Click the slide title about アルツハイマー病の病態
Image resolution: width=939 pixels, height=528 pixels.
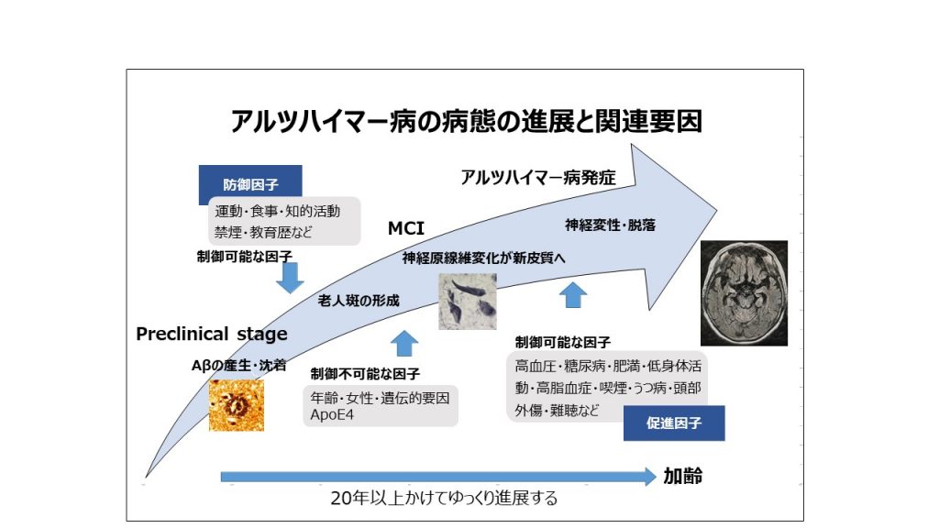pyautogui.click(x=466, y=121)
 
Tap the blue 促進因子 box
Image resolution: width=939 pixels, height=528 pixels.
pyautogui.click(x=674, y=423)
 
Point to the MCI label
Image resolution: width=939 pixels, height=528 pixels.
pyautogui.click(x=406, y=228)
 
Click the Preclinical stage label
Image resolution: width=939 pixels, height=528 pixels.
pyautogui.click(x=212, y=334)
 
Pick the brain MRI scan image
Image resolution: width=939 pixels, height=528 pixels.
pyautogui.click(x=744, y=293)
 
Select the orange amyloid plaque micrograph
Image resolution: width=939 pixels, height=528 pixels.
pyautogui.click(x=237, y=405)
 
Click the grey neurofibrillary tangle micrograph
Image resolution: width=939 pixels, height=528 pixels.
pyautogui.click(x=468, y=302)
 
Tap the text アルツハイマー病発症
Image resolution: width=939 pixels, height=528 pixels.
pyautogui.click(x=537, y=178)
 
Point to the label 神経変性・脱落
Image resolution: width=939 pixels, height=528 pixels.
pyautogui.click(x=610, y=225)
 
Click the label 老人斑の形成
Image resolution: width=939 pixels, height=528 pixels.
pyautogui.click(x=359, y=301)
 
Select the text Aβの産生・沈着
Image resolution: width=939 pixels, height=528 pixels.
pyautogui.click(x=238, y=365)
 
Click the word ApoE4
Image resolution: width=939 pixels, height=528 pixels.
pyautogui.click(x=332, y=415)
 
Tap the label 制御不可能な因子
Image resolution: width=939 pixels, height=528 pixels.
pyautogui.click(x=365, y=374)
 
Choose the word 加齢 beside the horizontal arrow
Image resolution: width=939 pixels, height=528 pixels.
pyautogui.click(x=682, y=477)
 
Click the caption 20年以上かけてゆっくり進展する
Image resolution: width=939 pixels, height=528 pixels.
pyautogui.click(x=444, y=498)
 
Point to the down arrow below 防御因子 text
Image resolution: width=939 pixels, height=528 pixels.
pyautogui.click(x=290, y=278)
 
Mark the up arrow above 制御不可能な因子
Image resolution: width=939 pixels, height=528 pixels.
pyautogui.click(x=404, y=344)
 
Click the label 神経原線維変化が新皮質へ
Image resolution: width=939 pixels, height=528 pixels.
pyautogui.click(x=484, y=258)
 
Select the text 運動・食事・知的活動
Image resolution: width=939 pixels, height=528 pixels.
pyautogui.click(x=277, y=212)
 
